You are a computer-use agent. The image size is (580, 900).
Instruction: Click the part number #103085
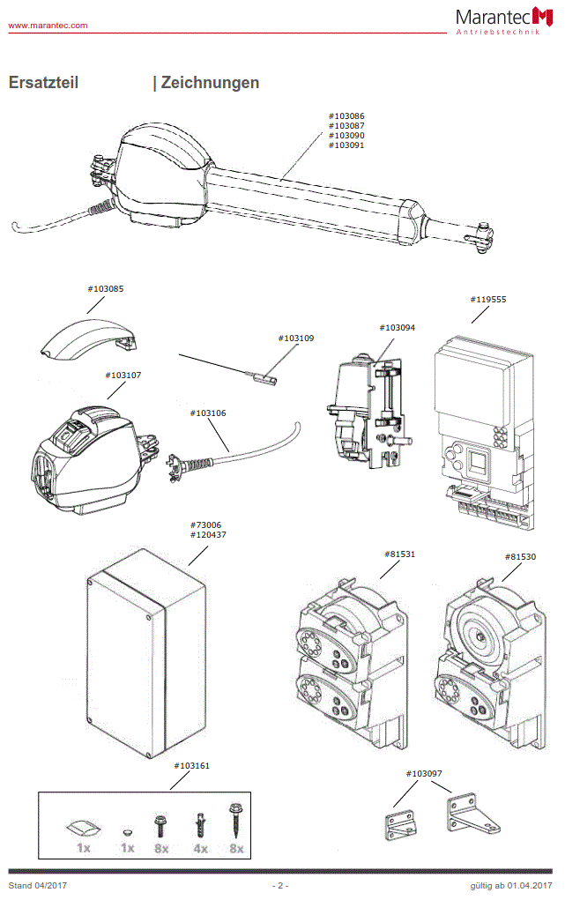[x=106, y=288]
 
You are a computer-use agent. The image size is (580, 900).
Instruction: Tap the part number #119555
[x=488, y=299]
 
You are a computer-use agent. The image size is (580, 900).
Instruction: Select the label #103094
[x=397, y=327]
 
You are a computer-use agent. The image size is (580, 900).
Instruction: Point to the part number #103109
[x=296, y=338]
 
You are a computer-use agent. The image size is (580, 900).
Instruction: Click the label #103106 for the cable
[x=208, y=413]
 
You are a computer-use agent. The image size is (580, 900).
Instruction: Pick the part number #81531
[x=400, y=554]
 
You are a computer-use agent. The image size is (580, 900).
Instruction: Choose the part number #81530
[x=520, y=556]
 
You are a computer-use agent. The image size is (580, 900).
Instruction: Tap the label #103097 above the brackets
[x=424, y=773]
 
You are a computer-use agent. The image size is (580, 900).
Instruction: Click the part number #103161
[x=191, y=766]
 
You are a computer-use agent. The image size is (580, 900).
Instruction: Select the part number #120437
[x=208, y=534]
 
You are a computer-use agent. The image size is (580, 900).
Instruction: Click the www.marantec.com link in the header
[x=48, y=26]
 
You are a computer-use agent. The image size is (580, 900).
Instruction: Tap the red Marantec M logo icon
[x=544, y=16]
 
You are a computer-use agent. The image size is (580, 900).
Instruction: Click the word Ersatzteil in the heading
[x=43, y=83]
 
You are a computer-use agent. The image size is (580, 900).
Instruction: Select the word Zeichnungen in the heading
[x=210, y=83]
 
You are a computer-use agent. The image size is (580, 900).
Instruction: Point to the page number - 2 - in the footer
[x=279, y=885]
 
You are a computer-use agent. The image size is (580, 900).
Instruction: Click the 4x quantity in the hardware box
[x=200, y=848]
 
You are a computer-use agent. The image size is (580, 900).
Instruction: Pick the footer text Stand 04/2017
[x=38, y=885]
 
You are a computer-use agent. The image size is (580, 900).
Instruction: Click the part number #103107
[x=123, y=375]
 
